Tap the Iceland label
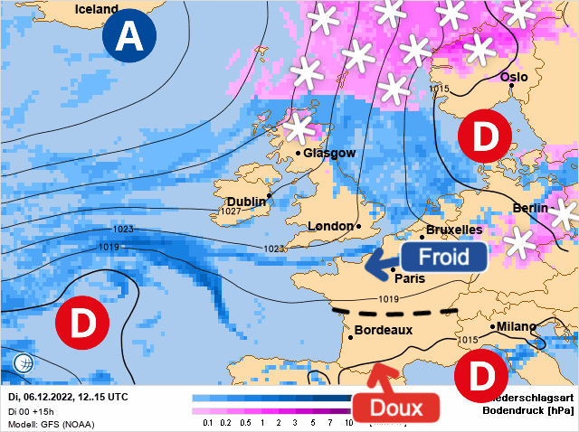tap(96, 10)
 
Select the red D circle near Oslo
tap(485, 137)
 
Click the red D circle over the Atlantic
tap(82, 320)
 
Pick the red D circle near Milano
tap(479, 373)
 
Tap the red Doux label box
tap(397, 408)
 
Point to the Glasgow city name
tap(329, 153)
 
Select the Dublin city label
tap(246, 201)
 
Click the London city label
tap(329, 226)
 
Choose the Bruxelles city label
tap(454, 230)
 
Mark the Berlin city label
tap(530, 208)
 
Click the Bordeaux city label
tap(384, 330)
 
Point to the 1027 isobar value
tap(232, 211)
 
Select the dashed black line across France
tap(394, 313)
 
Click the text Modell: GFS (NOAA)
tap(55, 422)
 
